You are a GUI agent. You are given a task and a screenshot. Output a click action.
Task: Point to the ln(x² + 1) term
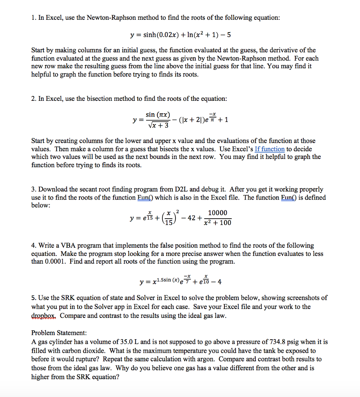coord(199,35)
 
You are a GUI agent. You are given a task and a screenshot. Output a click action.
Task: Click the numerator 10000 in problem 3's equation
coord(217,213)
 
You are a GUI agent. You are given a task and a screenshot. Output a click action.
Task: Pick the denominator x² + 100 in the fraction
coord(217,223)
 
